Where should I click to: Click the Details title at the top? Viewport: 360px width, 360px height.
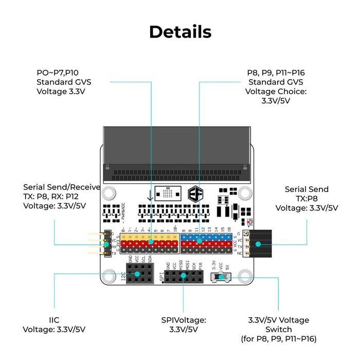coord(180,32)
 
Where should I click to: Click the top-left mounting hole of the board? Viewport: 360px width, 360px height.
coord(109,194)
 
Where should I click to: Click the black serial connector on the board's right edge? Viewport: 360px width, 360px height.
coord(263,243)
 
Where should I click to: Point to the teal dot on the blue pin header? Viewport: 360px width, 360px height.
coord(199,240)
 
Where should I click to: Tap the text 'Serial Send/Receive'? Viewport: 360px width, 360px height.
coord(54,187)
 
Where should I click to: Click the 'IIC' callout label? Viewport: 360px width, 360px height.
coord(54,320)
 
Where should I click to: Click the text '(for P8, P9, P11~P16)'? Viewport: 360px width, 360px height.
coord(278,339)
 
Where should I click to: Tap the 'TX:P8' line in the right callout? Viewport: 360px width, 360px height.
coord(307,199)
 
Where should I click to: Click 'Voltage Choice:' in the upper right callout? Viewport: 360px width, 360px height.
coord(276,92)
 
